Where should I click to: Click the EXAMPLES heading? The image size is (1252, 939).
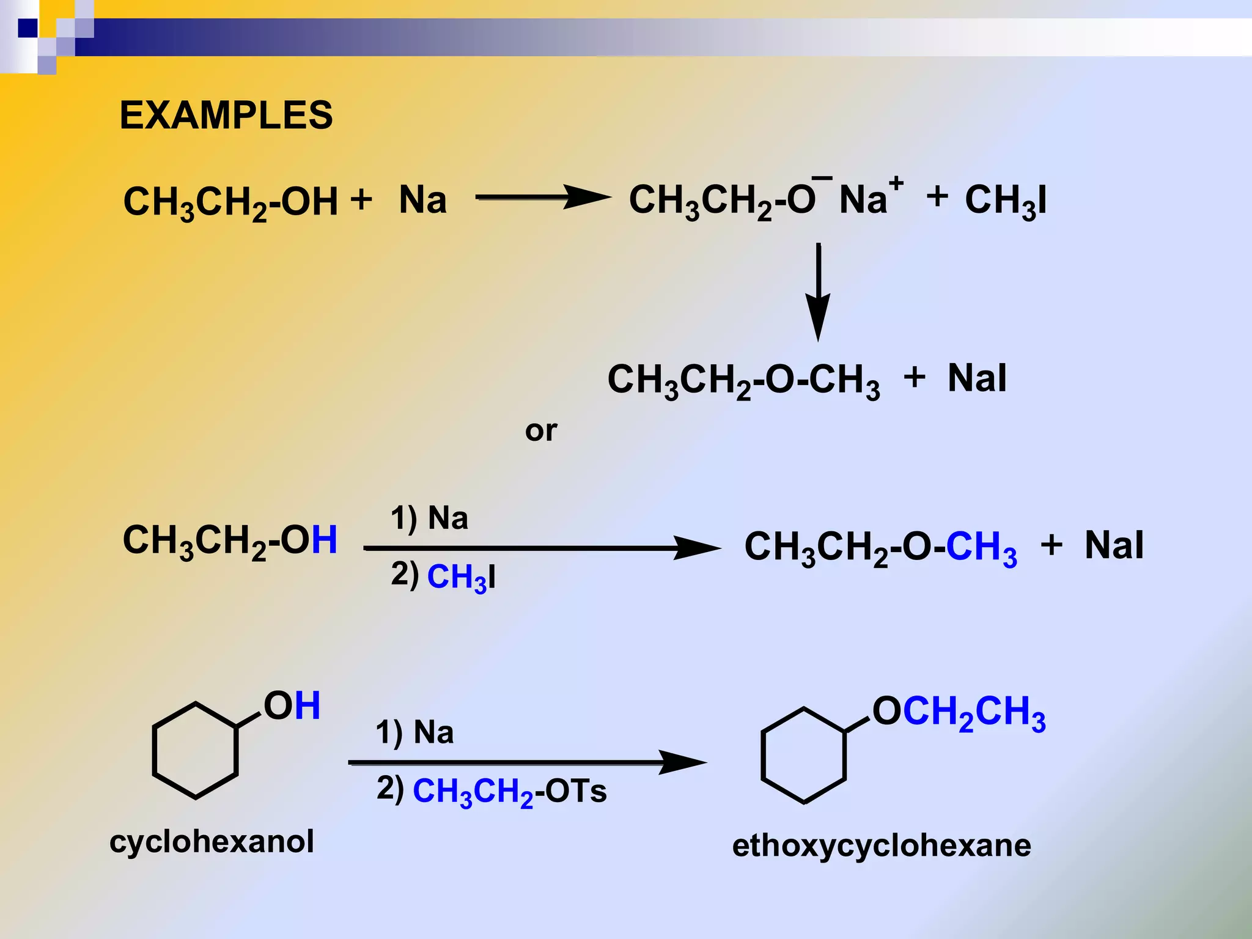pyautogui.click(x=226, y=115)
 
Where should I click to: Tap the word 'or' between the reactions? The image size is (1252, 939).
pyautogui.click(x=541, y=431)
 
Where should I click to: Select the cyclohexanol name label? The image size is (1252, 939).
pyautogui.click(x=212, y=841)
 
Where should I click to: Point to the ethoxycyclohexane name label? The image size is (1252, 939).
pyautogui.click(x=882, y=845)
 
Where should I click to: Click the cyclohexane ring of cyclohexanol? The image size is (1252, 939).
pyautogui.click(x=195, y=750)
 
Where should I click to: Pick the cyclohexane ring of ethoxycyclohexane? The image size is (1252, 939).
pyautogui.click(x=803, y=755)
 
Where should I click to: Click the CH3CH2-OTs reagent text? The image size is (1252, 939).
pyautogui.click(x=509, y=791)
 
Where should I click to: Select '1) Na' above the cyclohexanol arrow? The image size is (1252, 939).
pyautogui.click(x=414, y=732)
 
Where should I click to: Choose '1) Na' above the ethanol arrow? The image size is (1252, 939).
pyautogui.click(x=429, y=518)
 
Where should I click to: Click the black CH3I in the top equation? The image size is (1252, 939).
pyautogui.click(x=1006, y=201)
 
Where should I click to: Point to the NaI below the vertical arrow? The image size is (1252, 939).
pyautogui.click(x=977, y=378)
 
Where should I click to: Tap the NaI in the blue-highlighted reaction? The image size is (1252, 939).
pyautogui.click(x=1114, y=545)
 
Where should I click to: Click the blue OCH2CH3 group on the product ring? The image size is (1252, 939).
pyautogui.click(x=959, y=712)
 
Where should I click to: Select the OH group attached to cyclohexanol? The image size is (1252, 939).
pyautogui.click(x=292, y=705)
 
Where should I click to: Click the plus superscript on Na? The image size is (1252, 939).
pyautogui.click(x=896, y=182)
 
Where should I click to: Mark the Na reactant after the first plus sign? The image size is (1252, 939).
pyautogui.click(x=422, y=200)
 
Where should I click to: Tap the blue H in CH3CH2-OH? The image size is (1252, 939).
pyautogui.click(x=324, y=539)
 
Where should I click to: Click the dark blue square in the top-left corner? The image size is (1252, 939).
pyautogui.click(x=28, y=28)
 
